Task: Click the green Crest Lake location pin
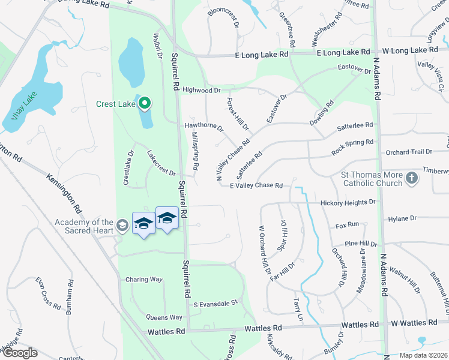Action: (x=144, y=104)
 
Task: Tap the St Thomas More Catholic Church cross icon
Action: (x=411, y=178)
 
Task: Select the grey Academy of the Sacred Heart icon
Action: (x=122, y=225)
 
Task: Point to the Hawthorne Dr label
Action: (x=203, y=127)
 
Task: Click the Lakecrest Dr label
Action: (x=161, y=163)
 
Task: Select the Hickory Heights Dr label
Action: (x=347, y=203)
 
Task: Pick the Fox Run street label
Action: (x=347, y=224)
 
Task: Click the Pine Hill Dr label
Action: (x=361, y=244)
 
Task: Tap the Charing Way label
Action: (x=144, y=280)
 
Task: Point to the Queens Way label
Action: (x=164, y=317)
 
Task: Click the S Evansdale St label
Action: (x=215, y=304)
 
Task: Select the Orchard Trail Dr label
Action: (x=409, y=152)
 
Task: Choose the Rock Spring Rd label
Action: (x=352, y=148)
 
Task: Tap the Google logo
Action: (x=19, y=353)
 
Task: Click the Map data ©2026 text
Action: (x=423, y=355)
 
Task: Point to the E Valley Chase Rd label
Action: (x=256, y=185)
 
